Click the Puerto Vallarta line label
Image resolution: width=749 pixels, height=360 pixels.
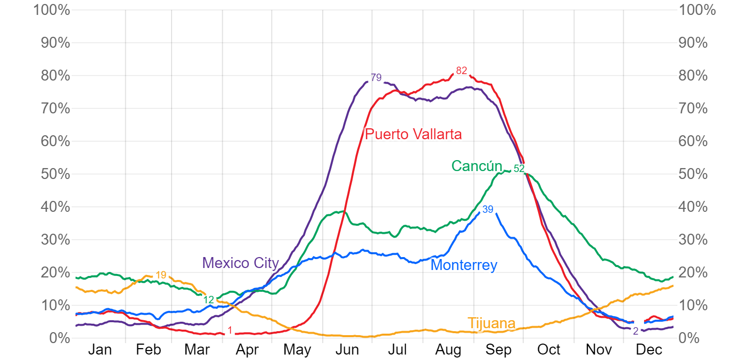point(413,134)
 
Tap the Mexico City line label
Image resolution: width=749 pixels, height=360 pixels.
point(241,263)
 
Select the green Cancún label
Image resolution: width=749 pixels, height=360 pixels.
point(476,166)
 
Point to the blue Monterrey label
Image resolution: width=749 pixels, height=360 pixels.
point(464,265)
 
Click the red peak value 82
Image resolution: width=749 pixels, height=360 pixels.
point(462,71)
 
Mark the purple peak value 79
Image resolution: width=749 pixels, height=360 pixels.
point(376,78)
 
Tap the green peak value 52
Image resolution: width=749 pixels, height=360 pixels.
point(519,169)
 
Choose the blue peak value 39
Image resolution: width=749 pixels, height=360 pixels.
point(488,210)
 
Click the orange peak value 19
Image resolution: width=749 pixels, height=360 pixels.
point(161,275)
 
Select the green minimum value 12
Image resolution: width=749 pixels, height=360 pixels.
point(209,300)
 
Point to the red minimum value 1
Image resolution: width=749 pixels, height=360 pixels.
point(230,330)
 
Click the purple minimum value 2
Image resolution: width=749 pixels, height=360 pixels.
point(636,331)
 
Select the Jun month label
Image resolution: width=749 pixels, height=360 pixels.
point(347,350)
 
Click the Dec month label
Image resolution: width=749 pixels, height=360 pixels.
point(649,350)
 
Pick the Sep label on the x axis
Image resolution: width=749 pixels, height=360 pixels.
point(498,350)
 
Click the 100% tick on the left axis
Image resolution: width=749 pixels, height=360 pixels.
point(52,10)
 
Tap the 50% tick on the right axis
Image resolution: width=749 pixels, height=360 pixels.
point(693,174)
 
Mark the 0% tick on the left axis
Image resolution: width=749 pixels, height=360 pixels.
point(59,338)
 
